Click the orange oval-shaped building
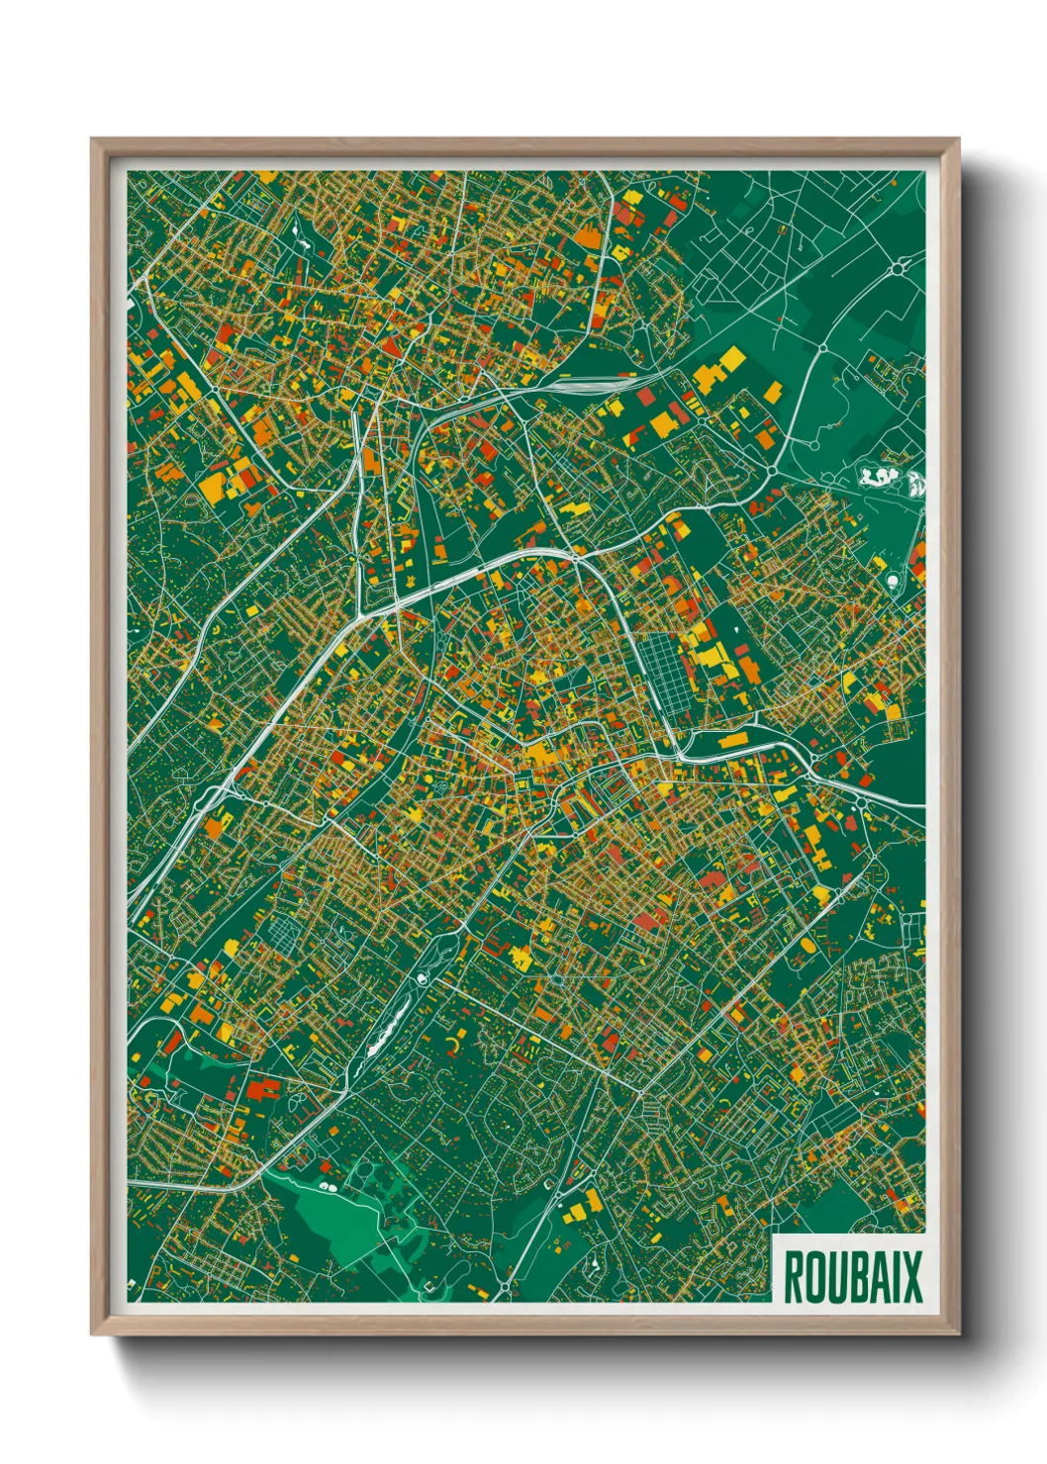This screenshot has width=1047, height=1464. click(x=808, y=947)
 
